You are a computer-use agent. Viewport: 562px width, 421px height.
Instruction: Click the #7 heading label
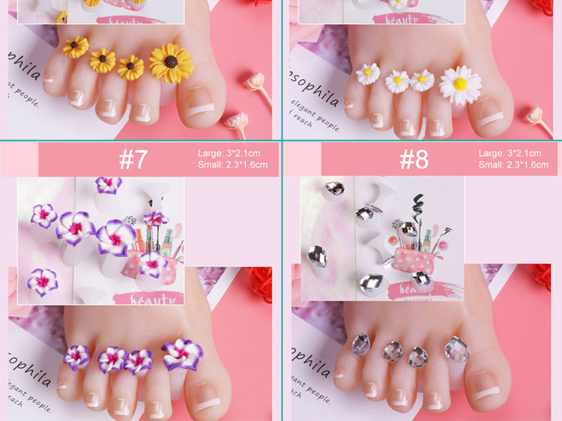pos(134,160)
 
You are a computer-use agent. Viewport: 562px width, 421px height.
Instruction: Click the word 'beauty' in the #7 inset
pos(156,299)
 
